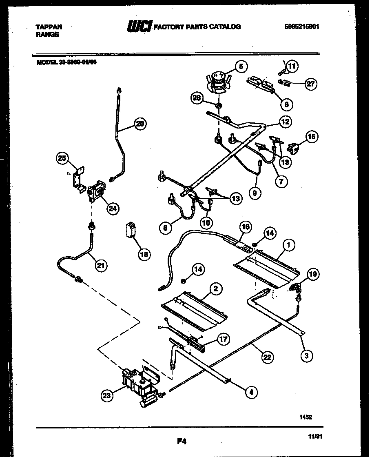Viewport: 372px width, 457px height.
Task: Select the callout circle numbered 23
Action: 107,395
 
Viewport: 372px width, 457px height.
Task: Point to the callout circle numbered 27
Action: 311,84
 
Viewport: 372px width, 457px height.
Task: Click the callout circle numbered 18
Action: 143,254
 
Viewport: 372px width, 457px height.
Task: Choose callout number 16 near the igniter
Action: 246,227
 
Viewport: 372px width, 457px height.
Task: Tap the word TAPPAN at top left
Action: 49,27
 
